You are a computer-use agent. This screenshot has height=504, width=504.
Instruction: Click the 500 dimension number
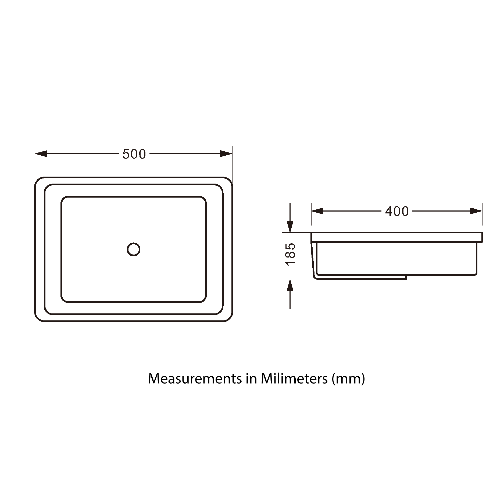coord(134,154)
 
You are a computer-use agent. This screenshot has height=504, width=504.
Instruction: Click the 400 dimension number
coord(397,212)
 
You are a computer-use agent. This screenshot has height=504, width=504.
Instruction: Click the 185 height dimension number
coord(291,255)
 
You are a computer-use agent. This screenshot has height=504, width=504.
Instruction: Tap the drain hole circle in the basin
coord(134,249)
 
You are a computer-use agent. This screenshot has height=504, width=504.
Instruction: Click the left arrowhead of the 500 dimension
coord(41,154)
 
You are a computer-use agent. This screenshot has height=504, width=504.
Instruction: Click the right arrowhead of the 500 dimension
coord(226,154)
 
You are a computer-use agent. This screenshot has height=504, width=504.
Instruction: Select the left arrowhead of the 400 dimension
coord(317,211)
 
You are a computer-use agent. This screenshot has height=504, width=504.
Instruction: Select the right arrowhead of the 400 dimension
coord(476,211)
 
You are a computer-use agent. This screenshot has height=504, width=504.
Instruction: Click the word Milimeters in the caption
coord(294,379)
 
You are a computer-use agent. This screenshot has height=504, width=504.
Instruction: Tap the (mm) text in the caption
coord(348,379)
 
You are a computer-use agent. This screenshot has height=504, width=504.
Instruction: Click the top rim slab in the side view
coord(397,237)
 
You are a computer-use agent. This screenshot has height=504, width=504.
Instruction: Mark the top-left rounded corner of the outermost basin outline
coord(38,180)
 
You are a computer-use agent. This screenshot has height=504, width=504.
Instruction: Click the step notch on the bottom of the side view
coord(406,277)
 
